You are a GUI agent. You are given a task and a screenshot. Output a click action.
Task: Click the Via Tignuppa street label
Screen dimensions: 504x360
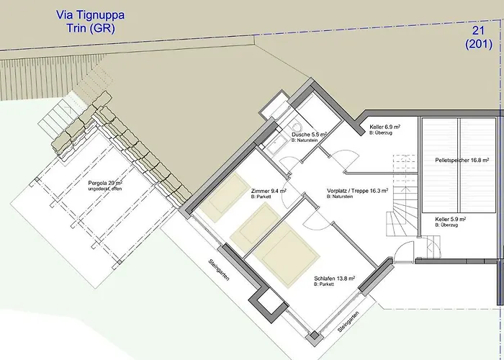pos(90,15)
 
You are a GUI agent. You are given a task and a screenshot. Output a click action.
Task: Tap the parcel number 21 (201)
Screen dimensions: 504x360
pos(479,37)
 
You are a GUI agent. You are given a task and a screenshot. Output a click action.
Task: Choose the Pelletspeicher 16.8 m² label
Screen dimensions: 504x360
pos(462,160)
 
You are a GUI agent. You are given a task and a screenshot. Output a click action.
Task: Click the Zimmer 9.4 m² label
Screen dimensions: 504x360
pos(269,192)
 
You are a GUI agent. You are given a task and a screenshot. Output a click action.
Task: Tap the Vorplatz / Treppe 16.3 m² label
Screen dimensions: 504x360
pos(357,191)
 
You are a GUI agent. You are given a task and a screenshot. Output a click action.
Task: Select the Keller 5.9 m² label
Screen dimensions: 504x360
pos(451,220)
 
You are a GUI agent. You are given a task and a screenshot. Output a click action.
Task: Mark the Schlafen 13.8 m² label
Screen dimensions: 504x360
pos(335,279)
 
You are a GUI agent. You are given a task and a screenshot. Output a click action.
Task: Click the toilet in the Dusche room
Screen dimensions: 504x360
pos(296,126)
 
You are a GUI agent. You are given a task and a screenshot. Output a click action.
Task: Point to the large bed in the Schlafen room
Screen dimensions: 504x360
pos(286,254)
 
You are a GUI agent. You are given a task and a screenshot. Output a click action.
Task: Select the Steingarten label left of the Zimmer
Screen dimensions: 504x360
pos(219,270)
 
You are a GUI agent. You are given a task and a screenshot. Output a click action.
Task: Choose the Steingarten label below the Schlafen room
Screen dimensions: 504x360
pos(348,322)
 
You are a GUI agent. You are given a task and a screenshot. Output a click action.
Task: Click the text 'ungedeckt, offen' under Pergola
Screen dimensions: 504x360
pos(105,189)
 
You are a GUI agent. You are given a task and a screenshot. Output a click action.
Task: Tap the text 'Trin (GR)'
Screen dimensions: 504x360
pos(91,28)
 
